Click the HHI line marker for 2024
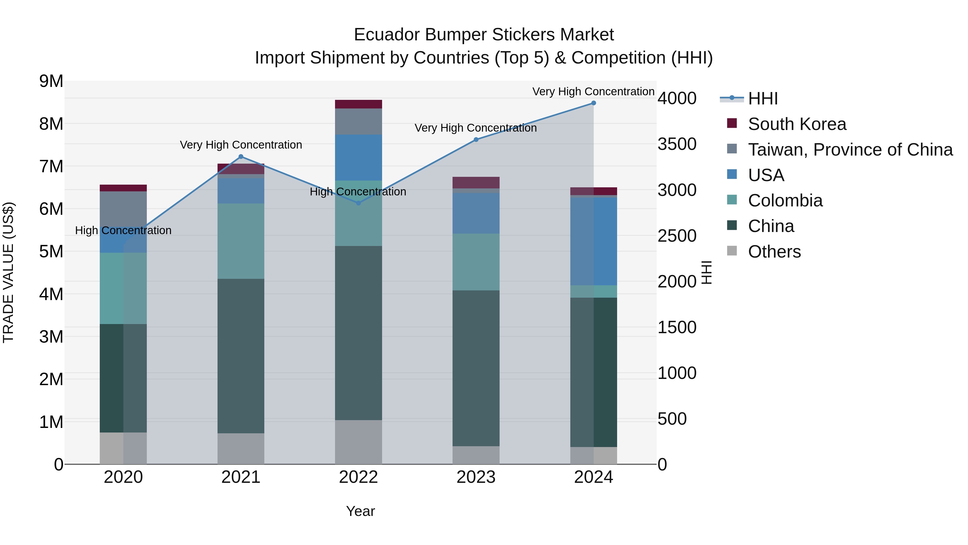[593, 103]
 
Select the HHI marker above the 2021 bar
[241, 156]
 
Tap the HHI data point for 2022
[358, 203]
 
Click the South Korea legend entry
[797, 124]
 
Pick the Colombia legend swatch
[732, 200]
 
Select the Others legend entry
[774, 252]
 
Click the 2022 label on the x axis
[358, 477]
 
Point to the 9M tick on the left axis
[51, 81]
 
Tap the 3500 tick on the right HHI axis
[677, 144]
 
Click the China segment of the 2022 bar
[358, 333]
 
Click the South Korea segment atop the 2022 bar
[358, 104]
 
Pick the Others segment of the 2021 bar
[241, 448]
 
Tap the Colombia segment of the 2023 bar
[476, 262]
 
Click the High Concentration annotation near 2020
[123, 230]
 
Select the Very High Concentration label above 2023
[475, 128]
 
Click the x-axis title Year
[360, 511]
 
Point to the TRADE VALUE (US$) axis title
[8, 272]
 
